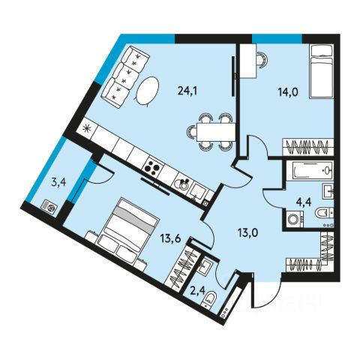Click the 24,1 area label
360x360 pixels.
point(187,91)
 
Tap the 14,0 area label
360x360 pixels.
point(288,92)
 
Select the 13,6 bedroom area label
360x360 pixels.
point(171,239)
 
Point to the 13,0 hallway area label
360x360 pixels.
point(247,233)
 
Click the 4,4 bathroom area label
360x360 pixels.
point(304,202)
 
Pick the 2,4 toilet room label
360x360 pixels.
point(198,291)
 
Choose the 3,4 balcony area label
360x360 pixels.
point(58,183)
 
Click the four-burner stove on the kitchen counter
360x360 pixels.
point(153,167)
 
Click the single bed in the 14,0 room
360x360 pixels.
point(322,71)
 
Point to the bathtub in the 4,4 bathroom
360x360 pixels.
point(310,171)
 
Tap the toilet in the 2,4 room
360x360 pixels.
point(209,298)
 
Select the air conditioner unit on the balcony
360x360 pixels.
point(49,208)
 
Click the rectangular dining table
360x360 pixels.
point(216,132)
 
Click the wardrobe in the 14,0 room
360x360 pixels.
point(308,147)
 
